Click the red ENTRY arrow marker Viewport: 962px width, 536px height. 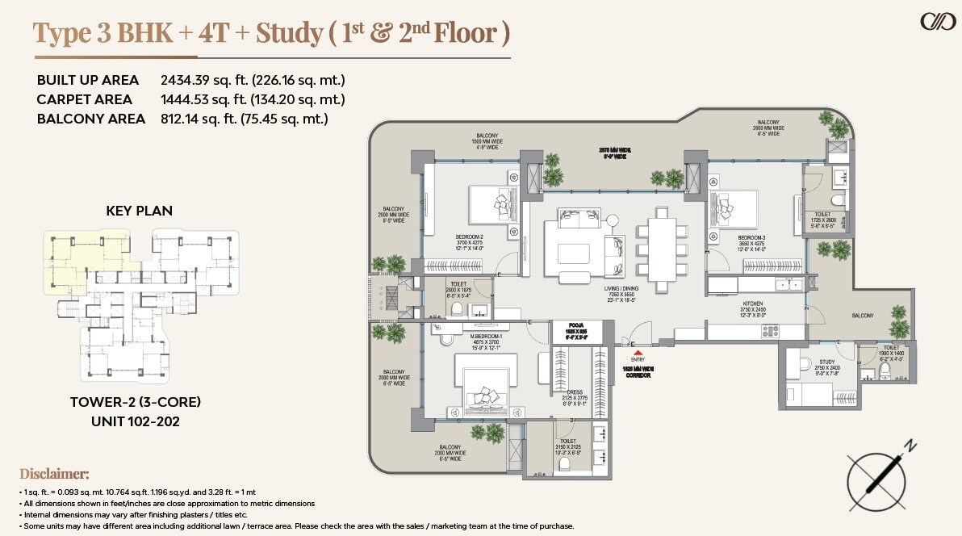point(638,353)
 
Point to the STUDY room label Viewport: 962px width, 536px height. point(826,362)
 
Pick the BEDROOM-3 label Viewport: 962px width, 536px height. point(752,238)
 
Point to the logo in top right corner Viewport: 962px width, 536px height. point(938,22)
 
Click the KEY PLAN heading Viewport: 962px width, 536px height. point(140,211)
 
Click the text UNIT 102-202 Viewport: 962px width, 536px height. point(135,421)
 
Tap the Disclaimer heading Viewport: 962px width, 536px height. point(54,473)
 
